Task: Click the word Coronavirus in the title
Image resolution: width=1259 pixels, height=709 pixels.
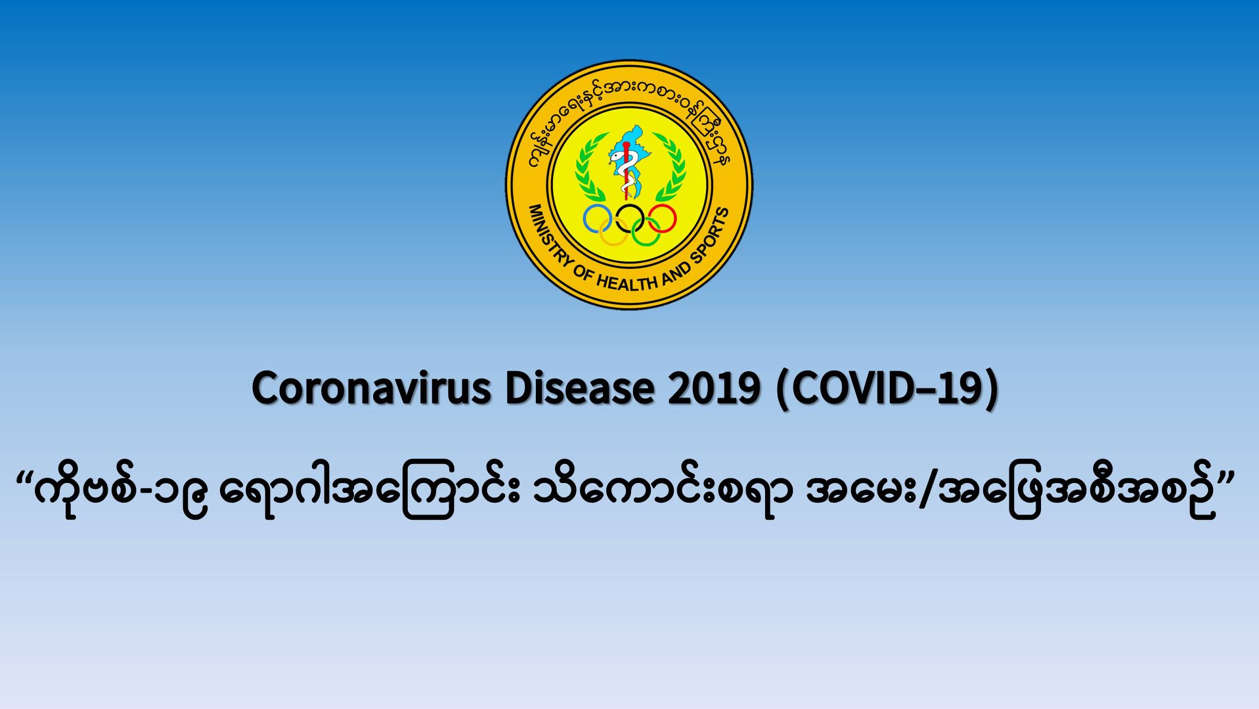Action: [x=371, y=388]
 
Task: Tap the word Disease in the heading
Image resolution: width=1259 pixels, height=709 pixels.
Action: [x=579, y=388]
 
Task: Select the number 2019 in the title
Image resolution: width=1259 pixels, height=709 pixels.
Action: [x=714, y=388]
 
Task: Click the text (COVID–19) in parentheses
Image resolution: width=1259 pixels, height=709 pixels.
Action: [x=887, y=388]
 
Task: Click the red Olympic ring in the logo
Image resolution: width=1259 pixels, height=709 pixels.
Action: [x=676, y=219]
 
